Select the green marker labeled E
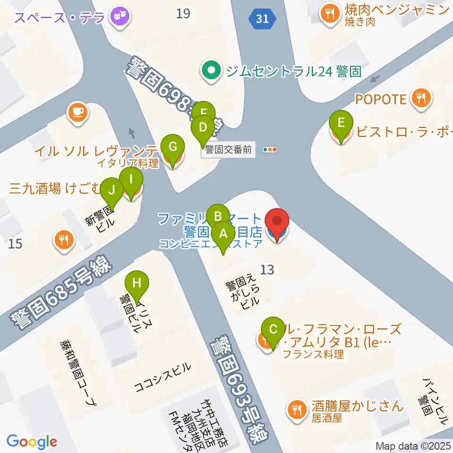341,124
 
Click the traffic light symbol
270,150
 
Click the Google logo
32,442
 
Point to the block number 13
267,269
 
